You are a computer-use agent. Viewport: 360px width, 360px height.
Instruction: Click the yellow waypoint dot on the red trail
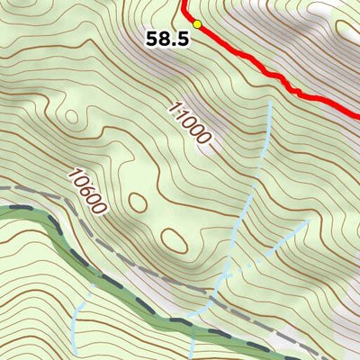197,24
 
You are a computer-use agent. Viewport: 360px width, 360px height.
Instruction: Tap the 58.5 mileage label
167,40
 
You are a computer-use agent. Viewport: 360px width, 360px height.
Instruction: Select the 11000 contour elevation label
191,123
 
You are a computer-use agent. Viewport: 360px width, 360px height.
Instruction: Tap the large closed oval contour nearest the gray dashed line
172,239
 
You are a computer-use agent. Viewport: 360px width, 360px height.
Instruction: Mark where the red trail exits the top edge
185,3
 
